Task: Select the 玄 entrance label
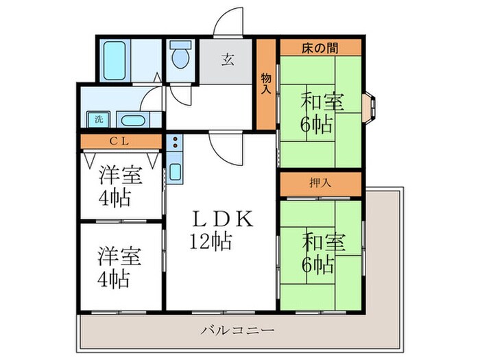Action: pyautogui.click(x=227, y=59)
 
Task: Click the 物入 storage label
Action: pyautogui.click(x=266, y=84)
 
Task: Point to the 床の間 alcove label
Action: pyautogui.click(x=320, y=48)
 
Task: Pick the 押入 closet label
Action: pyautogui.click(x=320, y=183)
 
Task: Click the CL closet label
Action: pyautogui.click(x=121, y=142)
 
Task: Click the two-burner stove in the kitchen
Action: pyautogui.click(x=174, y=143)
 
